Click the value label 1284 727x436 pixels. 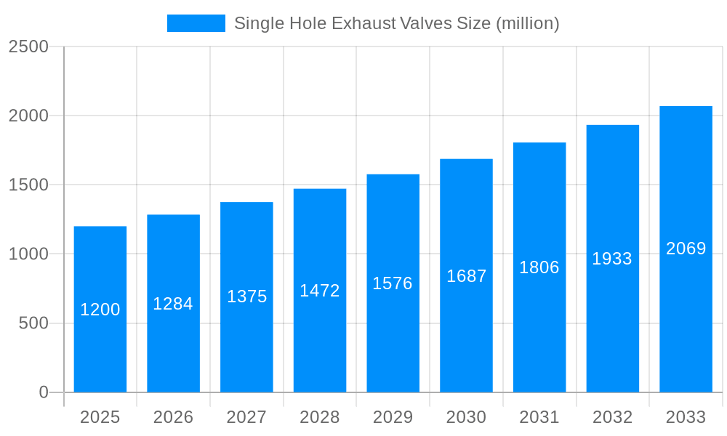click(173, 304)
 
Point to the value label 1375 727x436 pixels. click(246, 296)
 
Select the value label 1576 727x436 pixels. click(393, 283)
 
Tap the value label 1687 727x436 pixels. click(466, 276)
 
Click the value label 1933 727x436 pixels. click(612, 259)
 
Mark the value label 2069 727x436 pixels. click(686, 249)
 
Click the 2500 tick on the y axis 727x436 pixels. click(28, 47)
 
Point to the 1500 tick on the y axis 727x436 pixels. click(28, 185)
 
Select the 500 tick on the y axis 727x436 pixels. click(33, 323)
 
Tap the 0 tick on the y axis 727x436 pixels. click(44, 392)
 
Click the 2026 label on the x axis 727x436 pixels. click(173, 417)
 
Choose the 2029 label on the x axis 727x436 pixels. click(393, 417)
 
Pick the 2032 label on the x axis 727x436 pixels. click(612, 417)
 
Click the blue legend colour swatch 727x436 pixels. click(196, 23)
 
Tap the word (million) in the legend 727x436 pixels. click(527, 23)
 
